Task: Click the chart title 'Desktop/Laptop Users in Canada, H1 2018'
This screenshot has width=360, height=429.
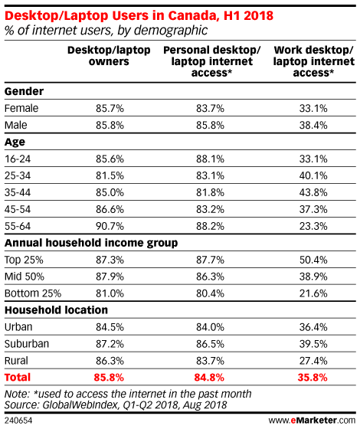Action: coord(139,15)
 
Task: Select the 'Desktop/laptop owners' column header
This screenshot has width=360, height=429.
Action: coord(109,56)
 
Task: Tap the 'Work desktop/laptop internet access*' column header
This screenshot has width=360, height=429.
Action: coord(313,61)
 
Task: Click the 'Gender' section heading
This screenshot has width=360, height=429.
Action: coord(24,91)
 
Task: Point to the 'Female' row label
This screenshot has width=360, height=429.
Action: coord(21,108)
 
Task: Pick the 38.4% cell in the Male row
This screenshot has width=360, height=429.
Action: coord(313,126)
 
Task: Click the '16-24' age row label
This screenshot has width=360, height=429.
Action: coord(18,159)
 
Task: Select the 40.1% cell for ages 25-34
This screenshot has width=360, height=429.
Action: coord(313,175)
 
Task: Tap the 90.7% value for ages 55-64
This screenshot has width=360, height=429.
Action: coord(110,226)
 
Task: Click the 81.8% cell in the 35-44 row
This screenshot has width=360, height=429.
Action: coord(210,192)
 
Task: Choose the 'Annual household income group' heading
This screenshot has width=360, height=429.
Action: coord(91,243)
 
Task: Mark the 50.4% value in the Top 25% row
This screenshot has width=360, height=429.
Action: coord(313,260)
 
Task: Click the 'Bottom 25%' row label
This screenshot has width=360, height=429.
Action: coord(33,293)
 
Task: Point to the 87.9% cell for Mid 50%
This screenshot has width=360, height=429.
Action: coord(110,277)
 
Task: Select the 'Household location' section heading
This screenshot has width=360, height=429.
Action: coord(56,310)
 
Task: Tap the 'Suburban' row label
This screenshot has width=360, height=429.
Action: coord(27,344)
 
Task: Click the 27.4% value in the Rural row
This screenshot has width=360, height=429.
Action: coord(313,361)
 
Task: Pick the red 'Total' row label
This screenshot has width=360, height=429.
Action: coord(18,378)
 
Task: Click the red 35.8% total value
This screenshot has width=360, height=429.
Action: coord(313,378)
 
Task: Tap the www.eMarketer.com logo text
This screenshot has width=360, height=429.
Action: coord(312,421)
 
